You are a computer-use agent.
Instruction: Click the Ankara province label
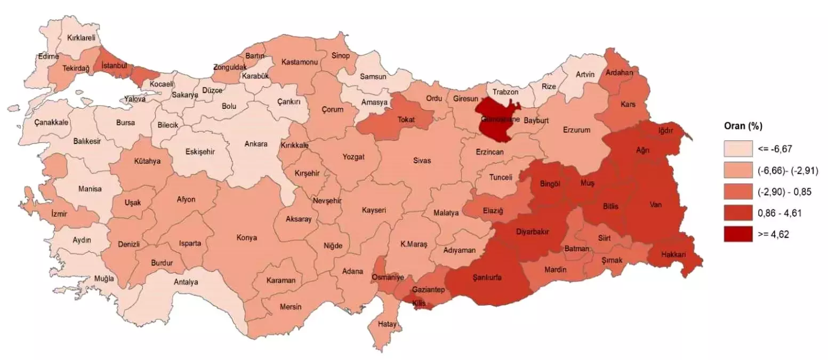[255, 144]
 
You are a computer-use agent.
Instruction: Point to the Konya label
[247, 237]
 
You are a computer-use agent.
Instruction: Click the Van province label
[656, 204]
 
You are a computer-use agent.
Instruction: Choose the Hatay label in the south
[387, 324]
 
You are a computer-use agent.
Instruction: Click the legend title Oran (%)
[743, 127]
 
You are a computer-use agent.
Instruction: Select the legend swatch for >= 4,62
[737, 234]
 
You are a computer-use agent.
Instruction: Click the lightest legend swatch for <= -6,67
[737, 149]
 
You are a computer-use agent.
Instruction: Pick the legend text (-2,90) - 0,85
[784, 191]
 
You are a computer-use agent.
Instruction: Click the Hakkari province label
[672, 255]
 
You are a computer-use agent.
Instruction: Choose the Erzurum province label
[577, 130]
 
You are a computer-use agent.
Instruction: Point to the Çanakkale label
[51, 123]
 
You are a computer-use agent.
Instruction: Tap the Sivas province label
[422, 160]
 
